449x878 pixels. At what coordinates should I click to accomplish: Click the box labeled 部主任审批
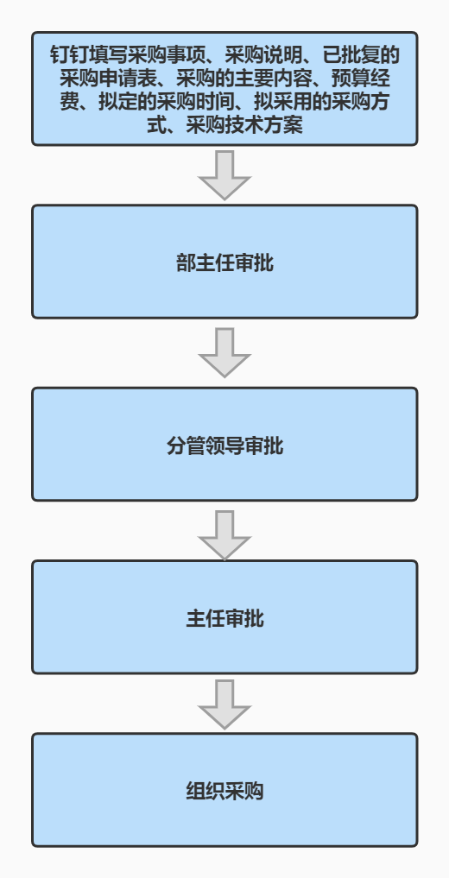click(224, 262)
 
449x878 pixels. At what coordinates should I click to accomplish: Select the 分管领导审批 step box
click(224, 444)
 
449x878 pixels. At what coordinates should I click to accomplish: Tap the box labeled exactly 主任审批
click(224, 617)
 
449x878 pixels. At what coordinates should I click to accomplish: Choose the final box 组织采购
click(224, 790)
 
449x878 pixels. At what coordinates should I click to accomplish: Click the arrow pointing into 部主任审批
click(224, 174)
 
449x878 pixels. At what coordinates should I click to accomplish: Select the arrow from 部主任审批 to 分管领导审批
click(224, 352)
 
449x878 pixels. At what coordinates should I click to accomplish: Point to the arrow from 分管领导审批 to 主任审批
click(224, 534)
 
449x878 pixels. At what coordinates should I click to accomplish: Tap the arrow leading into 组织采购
click(224, 704)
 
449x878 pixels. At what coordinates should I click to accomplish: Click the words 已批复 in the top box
click(351, 56)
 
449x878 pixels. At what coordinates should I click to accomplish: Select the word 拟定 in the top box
click(117, 102)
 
